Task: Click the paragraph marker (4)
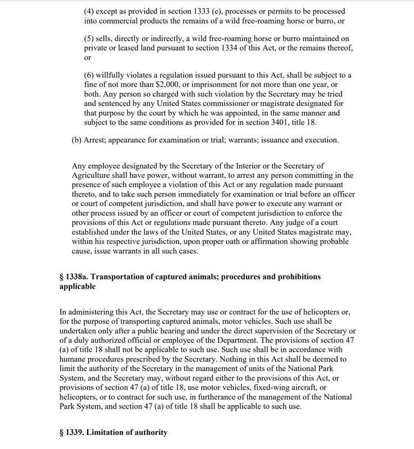(90, 11)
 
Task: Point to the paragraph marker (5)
(90, 38)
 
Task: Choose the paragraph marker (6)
(90, 75)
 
